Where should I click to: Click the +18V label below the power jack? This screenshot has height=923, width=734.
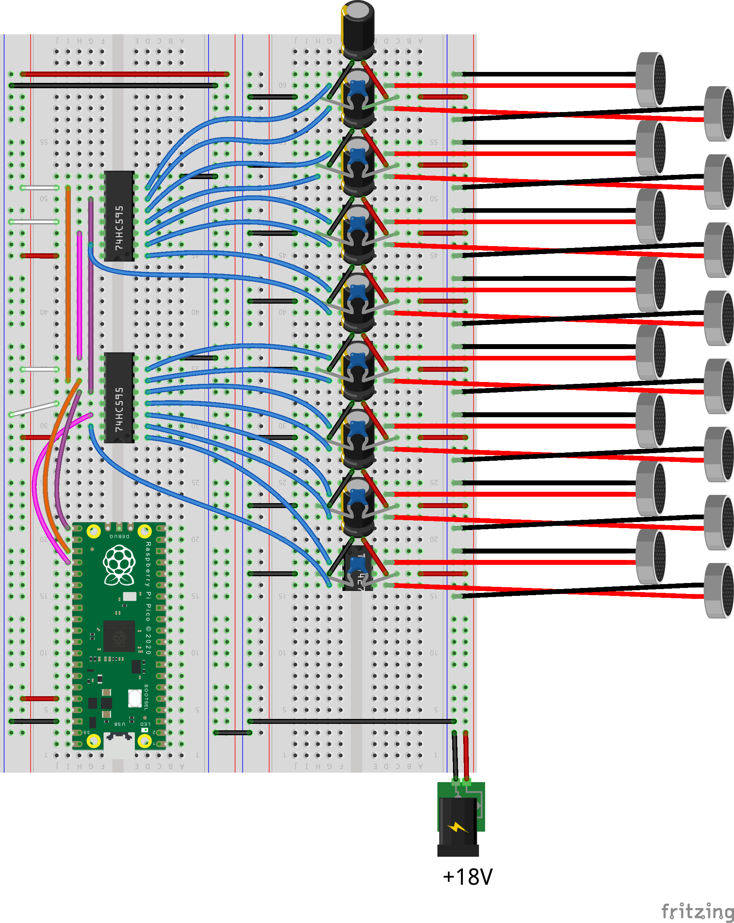pos(467,877)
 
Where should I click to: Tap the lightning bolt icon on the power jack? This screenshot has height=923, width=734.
pos(458,828)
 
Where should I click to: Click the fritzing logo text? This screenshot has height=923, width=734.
pos(697,911)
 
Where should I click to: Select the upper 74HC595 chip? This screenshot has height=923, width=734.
pos(119,216)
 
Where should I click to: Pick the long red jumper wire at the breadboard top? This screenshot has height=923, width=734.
pos(124,74)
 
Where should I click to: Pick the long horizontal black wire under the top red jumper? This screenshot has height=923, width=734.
pos(114,86)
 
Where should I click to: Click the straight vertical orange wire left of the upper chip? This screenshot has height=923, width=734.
pos(68,282)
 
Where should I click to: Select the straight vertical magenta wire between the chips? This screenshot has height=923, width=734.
pos(80,295)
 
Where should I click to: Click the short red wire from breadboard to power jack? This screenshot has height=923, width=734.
pos(466,756)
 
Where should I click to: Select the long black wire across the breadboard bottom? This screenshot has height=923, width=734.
pos(351,721)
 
